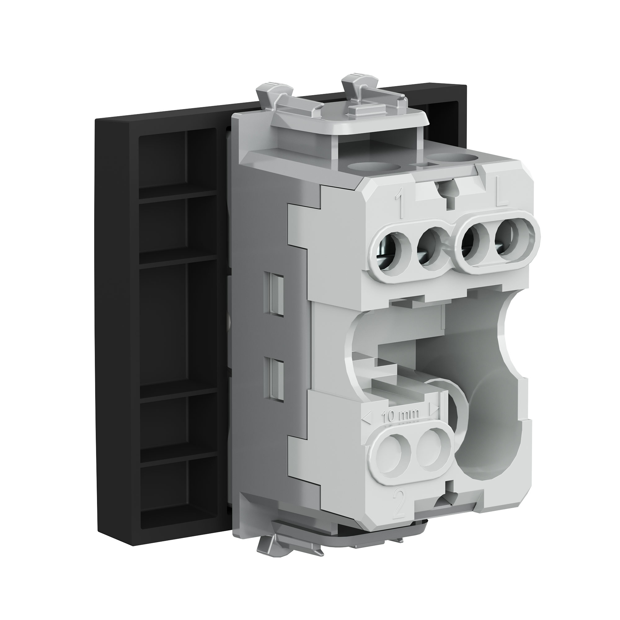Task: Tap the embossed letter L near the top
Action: coord(502,197)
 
